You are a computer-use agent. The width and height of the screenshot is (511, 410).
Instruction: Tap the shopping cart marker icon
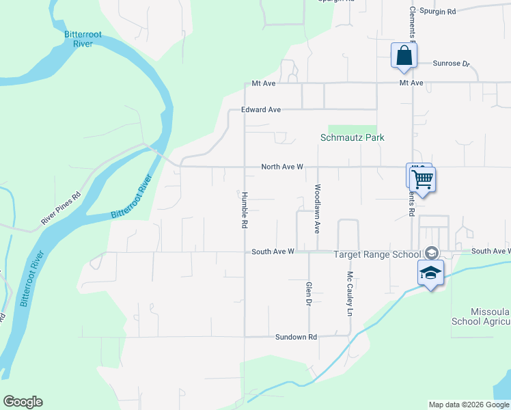point(423,179)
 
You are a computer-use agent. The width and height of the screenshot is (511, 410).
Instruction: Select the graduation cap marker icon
point(430,273)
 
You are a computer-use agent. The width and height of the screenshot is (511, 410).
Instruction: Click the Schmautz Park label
point(353,137)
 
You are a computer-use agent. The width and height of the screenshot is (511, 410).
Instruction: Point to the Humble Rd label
point(244,209)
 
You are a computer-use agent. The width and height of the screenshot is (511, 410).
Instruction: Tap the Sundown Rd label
point(296,337)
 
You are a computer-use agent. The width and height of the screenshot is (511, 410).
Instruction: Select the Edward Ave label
point(261,109)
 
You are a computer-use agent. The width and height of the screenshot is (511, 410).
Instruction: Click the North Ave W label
point(282,167)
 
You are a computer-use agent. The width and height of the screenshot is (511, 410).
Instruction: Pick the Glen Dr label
point(309,292)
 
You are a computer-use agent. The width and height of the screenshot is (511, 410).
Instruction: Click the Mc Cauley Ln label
point(349,294)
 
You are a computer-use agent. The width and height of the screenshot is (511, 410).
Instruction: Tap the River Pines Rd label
point(61,208)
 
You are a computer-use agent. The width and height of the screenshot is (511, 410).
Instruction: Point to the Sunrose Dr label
point(452,64)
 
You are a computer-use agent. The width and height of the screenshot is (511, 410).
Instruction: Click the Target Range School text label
point(376,254)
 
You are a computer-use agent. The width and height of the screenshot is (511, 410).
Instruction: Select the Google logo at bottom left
point(23,402)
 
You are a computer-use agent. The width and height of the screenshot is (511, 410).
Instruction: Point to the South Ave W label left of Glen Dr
point(273,251)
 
